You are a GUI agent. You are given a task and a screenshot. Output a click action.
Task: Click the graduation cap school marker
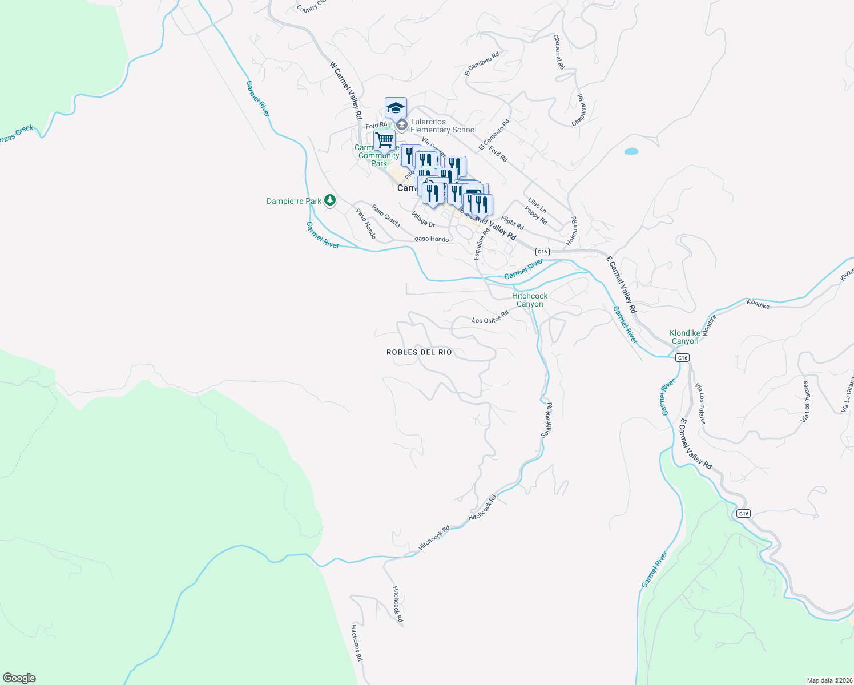point(396,107)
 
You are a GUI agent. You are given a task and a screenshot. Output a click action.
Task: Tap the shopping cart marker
point(384,140)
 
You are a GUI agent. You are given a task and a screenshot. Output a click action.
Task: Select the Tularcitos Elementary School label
point(443,126)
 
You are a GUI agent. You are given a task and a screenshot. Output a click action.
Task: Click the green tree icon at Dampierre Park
point(329,200)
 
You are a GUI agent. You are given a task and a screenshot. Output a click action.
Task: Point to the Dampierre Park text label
point(294,201)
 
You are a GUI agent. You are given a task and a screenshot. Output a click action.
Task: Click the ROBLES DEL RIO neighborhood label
point(419,352)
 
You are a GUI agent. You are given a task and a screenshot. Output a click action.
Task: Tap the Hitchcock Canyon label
point(530,300)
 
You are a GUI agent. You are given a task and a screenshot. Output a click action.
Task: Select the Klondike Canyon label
point(684,337)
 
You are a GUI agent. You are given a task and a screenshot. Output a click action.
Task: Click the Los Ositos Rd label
point(490,317)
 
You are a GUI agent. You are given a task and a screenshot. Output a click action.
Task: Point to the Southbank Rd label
point(547,420)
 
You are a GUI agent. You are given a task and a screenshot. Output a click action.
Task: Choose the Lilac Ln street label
point(537,205)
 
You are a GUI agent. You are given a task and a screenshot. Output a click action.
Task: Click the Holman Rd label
point(572,232)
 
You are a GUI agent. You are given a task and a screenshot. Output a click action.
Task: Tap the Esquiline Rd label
point(481,244)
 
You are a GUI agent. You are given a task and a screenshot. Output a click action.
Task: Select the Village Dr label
point(423,220)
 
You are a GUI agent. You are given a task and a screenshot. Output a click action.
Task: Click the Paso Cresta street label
point(386,216)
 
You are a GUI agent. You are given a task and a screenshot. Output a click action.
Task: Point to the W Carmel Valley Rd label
point(346,90)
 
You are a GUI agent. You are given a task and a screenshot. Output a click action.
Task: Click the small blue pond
point(631,151)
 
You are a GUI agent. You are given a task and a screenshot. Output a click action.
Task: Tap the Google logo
point(19,678)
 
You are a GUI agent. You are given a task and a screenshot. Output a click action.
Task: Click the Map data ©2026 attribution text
point(828,680)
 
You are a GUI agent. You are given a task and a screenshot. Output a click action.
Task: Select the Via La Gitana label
point(847,394)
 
